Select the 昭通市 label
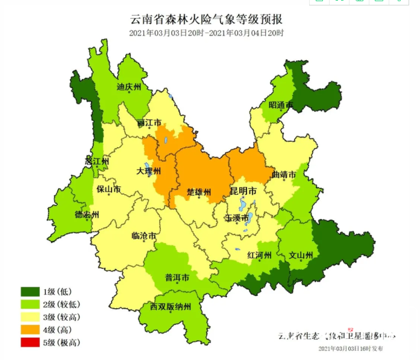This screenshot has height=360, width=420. tap(280, 106)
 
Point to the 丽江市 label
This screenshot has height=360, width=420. tap(149, 123)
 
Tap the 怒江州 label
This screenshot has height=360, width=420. tap(97, 162)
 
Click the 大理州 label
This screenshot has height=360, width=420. tap(148, 171)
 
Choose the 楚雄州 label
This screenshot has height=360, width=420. tap(199, 192)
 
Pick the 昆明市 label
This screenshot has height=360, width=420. tap(243, 191)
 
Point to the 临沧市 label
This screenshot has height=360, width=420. tap(144, 236)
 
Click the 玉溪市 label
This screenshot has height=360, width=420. tap(237, 218)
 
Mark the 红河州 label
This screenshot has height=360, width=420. tap(260, 255)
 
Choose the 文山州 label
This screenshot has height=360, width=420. tap(301, 255)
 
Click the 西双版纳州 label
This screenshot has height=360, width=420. tap(171, 307)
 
